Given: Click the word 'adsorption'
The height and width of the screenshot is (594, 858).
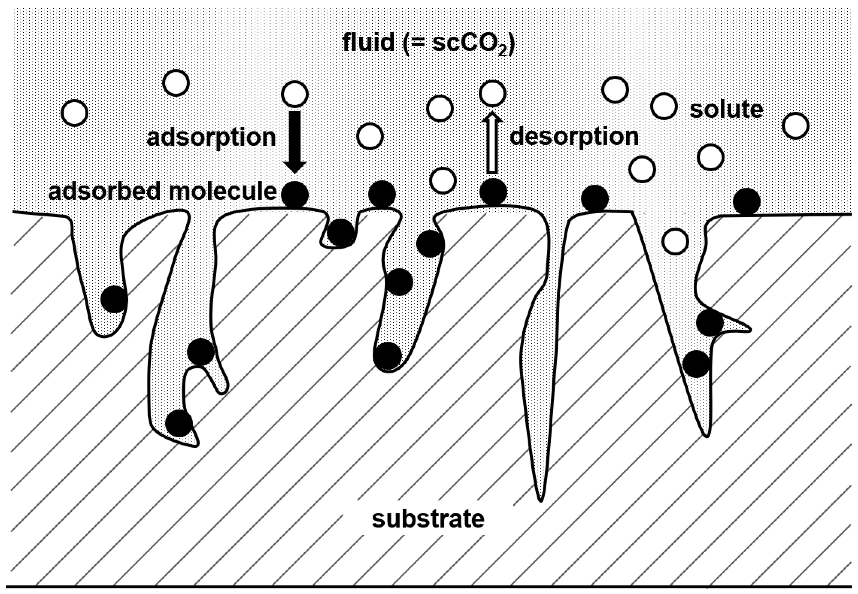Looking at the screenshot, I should tap(211, 138).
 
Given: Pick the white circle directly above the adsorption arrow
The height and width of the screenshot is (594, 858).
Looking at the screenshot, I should tap(295, 94).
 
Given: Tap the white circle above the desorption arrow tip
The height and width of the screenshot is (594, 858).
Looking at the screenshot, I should tap(492, 93).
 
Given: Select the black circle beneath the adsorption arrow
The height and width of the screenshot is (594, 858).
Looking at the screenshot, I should tap(295, 194).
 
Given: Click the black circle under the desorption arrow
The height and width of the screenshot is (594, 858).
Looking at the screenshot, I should tap(493, 192).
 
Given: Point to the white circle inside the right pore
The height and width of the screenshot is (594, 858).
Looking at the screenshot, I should tap(675, 241).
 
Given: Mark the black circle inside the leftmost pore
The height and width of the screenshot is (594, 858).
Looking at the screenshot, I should tap(114, 299).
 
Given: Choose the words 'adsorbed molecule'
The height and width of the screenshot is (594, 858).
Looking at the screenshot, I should tap(162, 192).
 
